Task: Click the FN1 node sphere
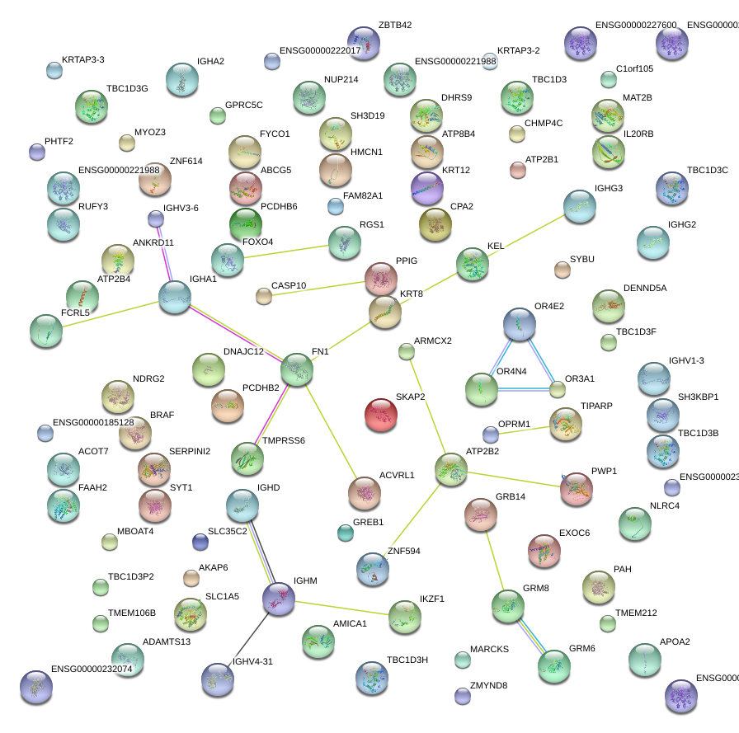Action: [297, 369]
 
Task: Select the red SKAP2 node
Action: [380, 414]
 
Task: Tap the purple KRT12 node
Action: [426, 187]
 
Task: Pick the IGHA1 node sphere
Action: [175, 297]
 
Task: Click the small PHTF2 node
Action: [37, 151]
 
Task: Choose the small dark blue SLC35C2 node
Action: [200, 542]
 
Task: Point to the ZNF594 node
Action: [373, 568]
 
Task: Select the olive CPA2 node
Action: [435, 223]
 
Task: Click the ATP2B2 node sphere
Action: [451, 469]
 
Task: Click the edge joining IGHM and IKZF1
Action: [341, 607]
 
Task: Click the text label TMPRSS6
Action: [284, 441]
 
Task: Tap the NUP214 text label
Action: [341, 79]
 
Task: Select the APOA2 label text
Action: [675, 641]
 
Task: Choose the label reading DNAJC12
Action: [243, 352]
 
